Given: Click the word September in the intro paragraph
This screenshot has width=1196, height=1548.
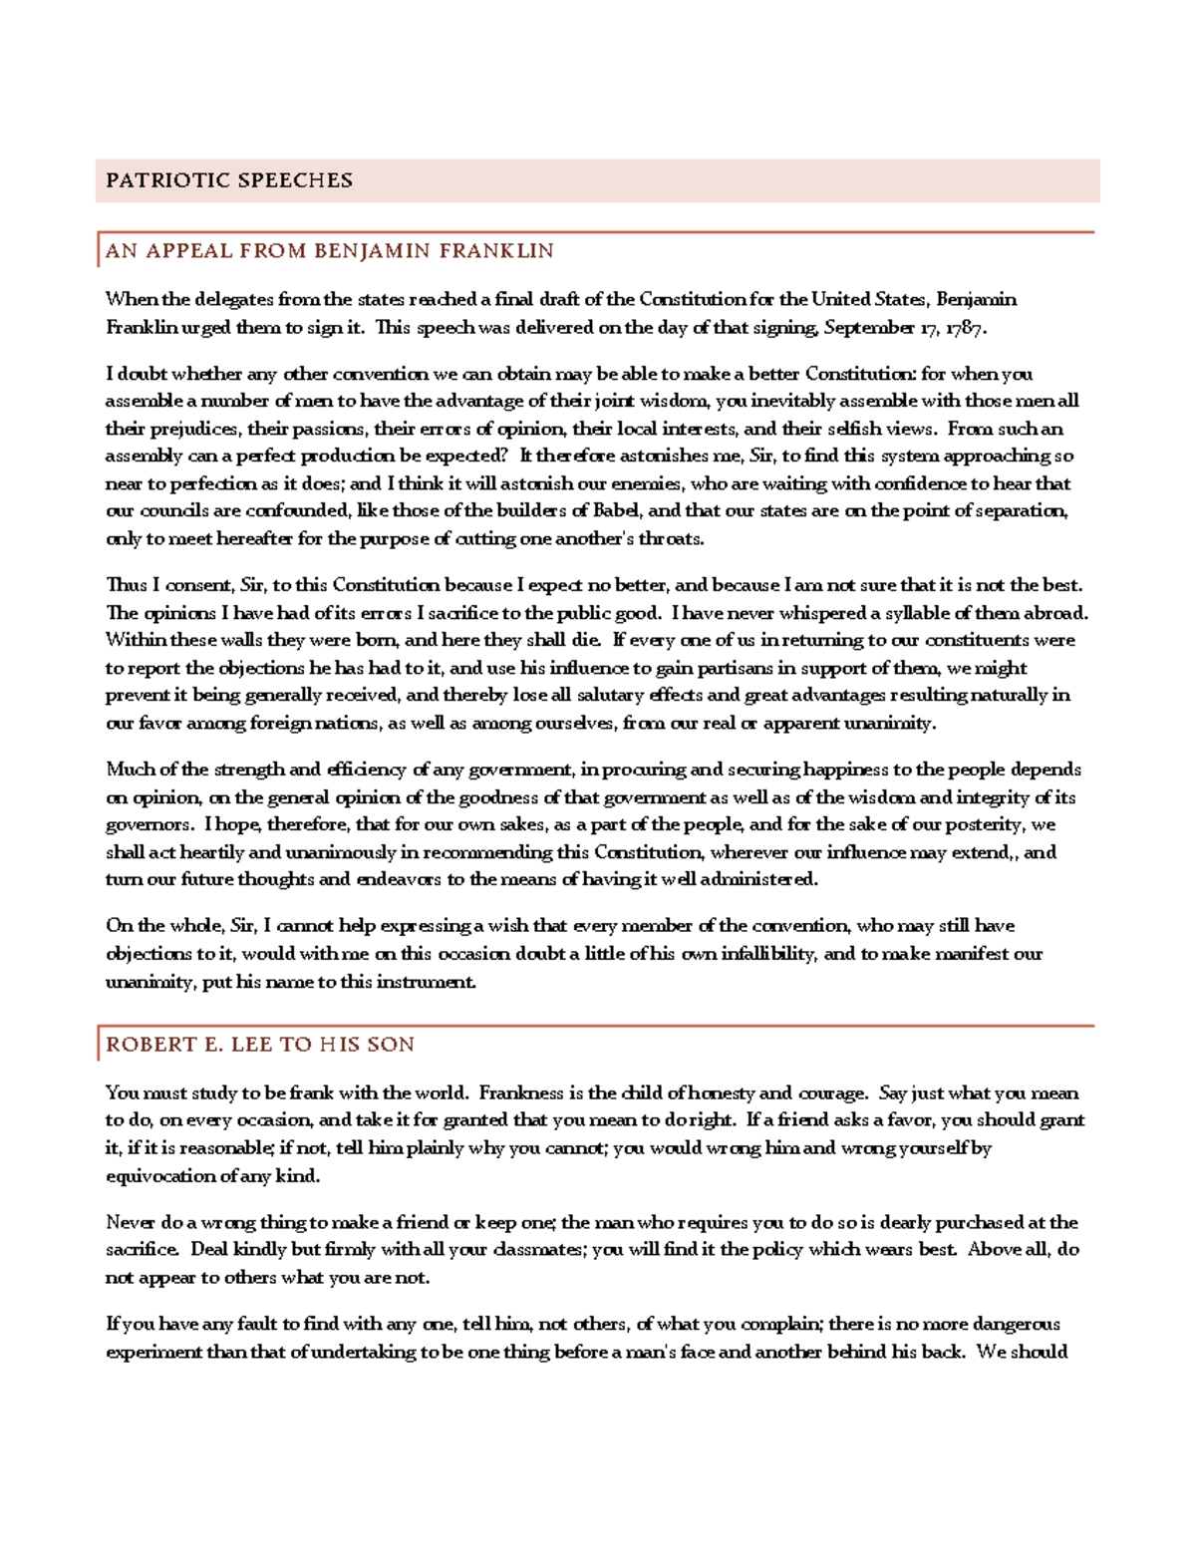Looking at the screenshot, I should [869, 327].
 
